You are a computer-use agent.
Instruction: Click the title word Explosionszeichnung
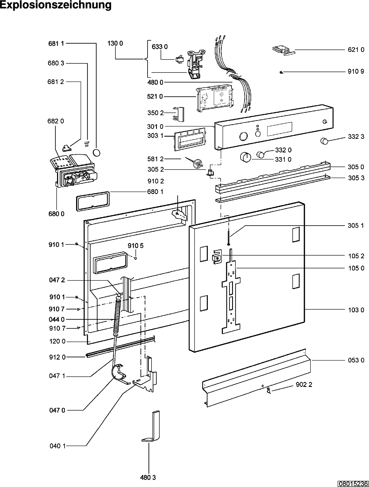pyautogui.click(x=56, y=5)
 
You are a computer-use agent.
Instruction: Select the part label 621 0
pyautogui.click(x=356, y=49)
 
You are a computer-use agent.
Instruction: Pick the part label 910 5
pyautogui.click(x=135, y=246)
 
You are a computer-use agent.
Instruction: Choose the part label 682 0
pyautogui.click(x=56, y=121)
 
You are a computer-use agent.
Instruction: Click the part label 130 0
pyautogui.click(x=115, y=43)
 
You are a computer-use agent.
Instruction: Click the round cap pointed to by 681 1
pyautogui.click(x=96, y=153)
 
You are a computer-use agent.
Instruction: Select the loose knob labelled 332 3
pyautogui.click(x=324, y=141)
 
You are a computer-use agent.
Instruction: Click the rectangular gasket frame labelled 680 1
pyautogui.click(x=93, y=201)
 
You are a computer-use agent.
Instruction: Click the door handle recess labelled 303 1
pyautogui.click(x=190, y=139)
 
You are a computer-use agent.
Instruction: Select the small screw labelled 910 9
pyautogui.click(x=281, y=72)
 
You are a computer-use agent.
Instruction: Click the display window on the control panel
pyautogui.click(x=279, y=129)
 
